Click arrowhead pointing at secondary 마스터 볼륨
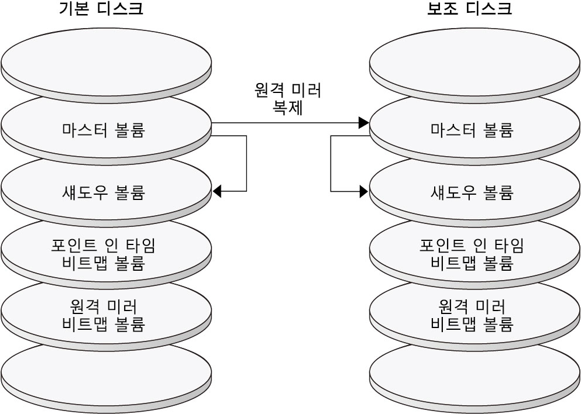tap(364, 123)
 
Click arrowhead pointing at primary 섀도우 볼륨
tap(218, 191)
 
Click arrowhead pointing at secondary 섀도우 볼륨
tap(364, 191)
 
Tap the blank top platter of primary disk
tap(106, 58)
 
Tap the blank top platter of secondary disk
tap(475, 58)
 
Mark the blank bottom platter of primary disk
tap(106, 371)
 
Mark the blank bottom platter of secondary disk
tap(475, 371)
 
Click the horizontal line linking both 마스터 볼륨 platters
tap(287, 123)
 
